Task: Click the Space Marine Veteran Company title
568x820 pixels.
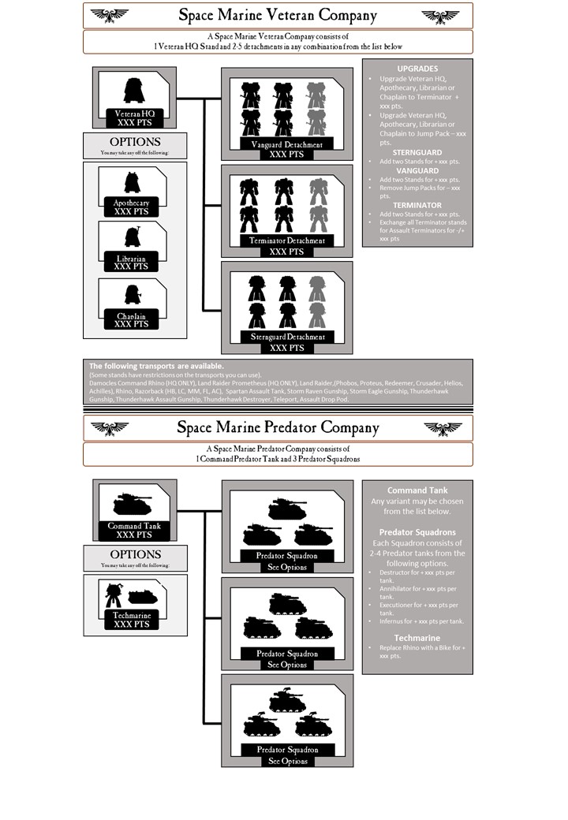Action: point(278,15)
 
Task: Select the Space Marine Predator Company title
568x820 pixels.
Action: point(278,427)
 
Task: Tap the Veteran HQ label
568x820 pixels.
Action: point(134,114)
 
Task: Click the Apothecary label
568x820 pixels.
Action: point(131,203)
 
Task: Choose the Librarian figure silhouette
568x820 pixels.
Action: point(132,237)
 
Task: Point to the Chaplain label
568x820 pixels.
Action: point(131,316)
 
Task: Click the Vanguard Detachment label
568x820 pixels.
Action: point(286,145)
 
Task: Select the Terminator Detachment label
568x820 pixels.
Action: point(286,240)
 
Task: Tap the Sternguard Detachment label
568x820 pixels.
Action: point(286,337)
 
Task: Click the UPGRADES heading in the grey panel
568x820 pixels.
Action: point(417,69)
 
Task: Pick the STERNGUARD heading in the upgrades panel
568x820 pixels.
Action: point(417,152)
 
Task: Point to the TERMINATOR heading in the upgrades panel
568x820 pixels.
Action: point(417,205)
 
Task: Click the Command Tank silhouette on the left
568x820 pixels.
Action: point(133,504)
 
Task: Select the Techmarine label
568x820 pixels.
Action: point(131,614)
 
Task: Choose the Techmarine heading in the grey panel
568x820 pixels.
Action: point(417,638)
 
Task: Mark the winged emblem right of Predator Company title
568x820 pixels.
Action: point(443,428)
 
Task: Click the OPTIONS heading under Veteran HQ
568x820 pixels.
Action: point(135,142)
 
